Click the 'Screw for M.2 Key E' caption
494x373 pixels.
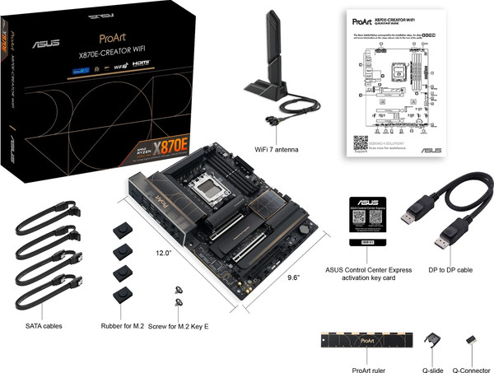pos(179,326)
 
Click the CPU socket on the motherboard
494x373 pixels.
pos(205,189)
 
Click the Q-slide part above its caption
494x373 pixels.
pos(433,341)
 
